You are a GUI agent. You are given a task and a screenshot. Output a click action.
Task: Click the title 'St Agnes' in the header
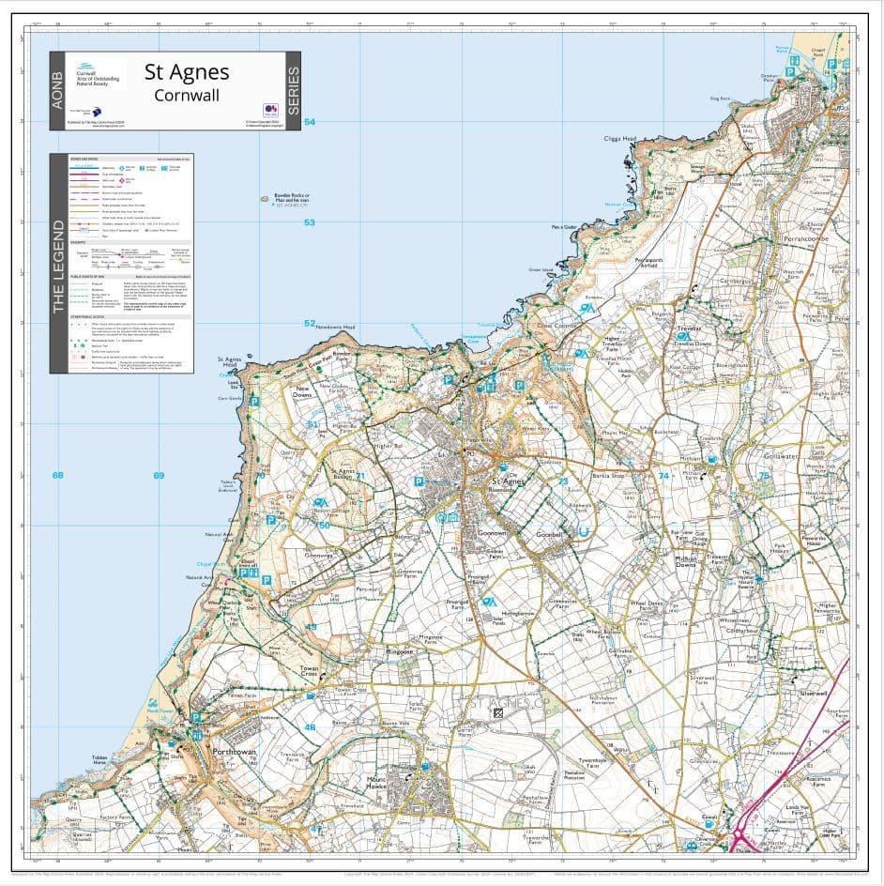pyautogui.click(x=186, y=72)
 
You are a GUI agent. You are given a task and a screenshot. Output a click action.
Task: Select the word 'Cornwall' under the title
pyautogui.click(x=186, y=95)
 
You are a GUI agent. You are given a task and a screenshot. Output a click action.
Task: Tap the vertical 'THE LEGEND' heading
pyautogui.click(x=57, y=267)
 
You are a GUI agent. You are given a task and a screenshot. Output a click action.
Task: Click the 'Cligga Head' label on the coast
pyautogui.click(x=619, y=139)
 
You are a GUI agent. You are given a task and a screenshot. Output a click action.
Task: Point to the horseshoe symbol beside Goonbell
pyautogui.click(x=583, y=532)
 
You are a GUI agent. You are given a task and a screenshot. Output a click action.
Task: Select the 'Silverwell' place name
pyautogui.click(x=812, y=694)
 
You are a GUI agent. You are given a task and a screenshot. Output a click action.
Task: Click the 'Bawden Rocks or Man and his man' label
pyautogui.click(x=291, y=198)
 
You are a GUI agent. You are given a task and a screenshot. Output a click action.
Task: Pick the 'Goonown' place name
pyautogui.click(x=492, y=532)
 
